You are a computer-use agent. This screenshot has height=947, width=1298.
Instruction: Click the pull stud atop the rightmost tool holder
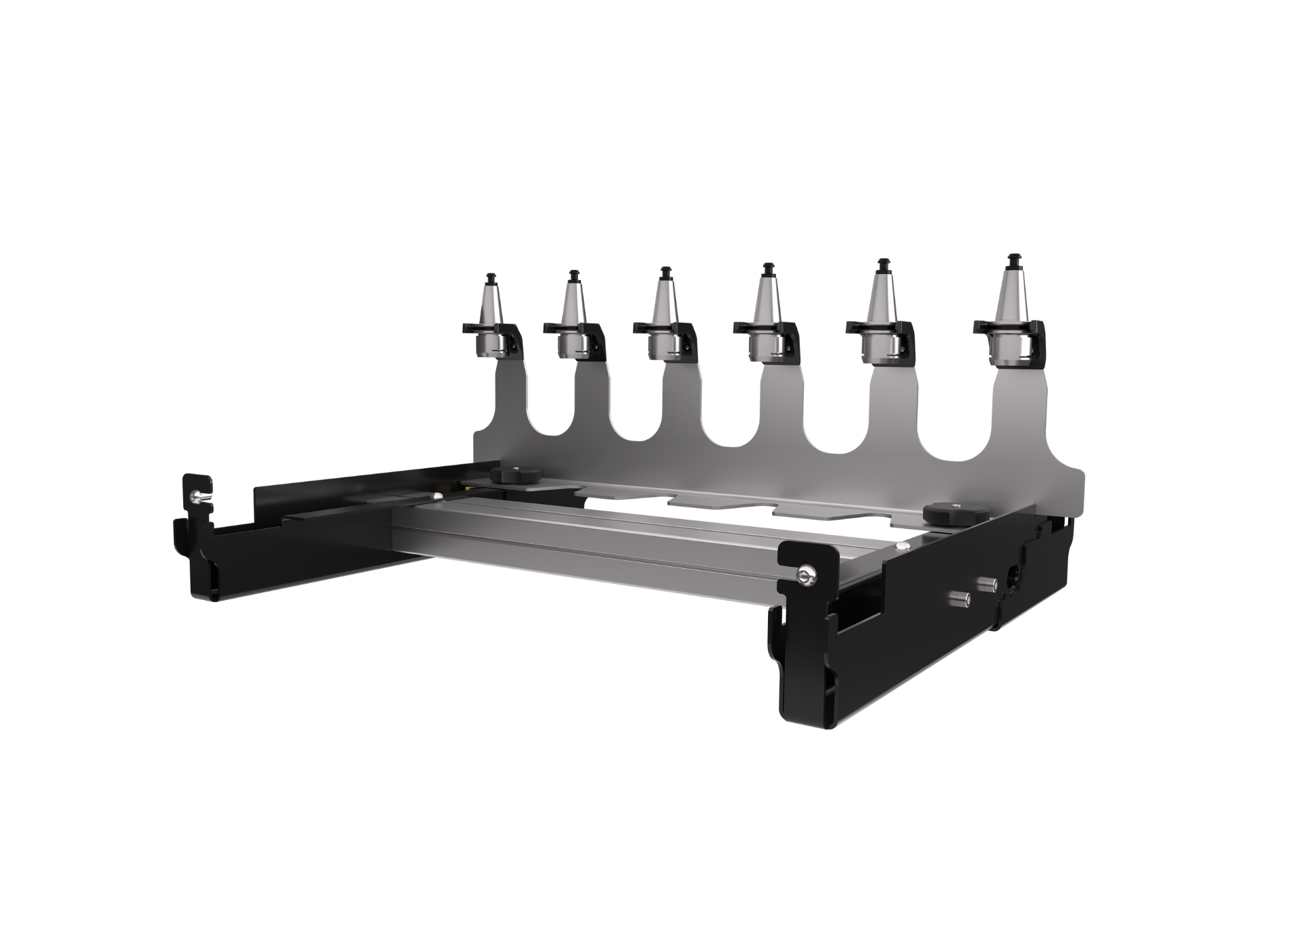[1011, 260]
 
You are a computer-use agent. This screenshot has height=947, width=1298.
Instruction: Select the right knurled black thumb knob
[942, 513]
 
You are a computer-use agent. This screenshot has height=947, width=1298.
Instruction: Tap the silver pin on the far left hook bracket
[197, 497]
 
